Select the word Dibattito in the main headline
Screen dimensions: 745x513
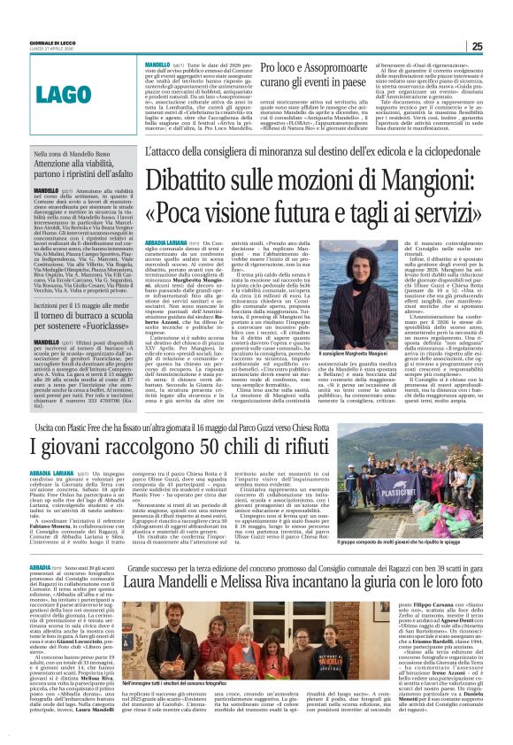tap(195, 180)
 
